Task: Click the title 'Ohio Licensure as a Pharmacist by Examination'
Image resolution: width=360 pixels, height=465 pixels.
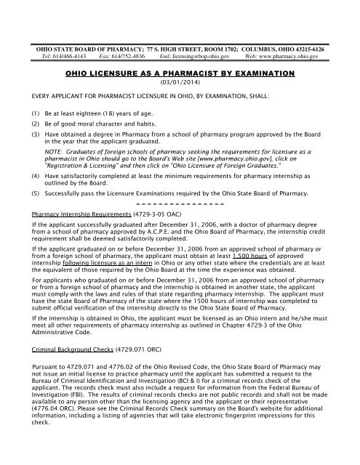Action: click(180, 74)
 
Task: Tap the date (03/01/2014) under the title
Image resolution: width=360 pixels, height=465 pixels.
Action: click(180, 84)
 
